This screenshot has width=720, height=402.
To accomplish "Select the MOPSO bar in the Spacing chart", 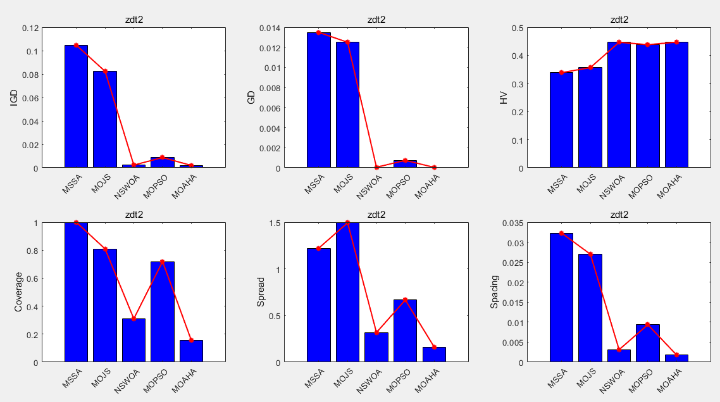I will [647, 342].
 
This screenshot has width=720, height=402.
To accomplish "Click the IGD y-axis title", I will [14, 97].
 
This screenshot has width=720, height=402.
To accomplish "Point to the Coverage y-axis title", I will [18, 292].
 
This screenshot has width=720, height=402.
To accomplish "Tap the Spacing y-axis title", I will [495, 292].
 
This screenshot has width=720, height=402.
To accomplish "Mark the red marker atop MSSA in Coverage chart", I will [76, 222].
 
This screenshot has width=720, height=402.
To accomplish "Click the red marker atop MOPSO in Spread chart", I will [405, 299].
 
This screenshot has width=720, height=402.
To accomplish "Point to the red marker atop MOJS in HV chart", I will [590, 67].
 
